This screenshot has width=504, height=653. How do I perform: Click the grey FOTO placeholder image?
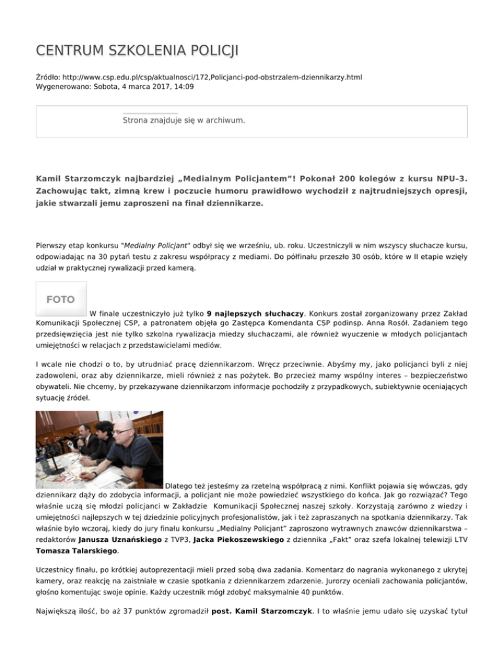60,300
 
